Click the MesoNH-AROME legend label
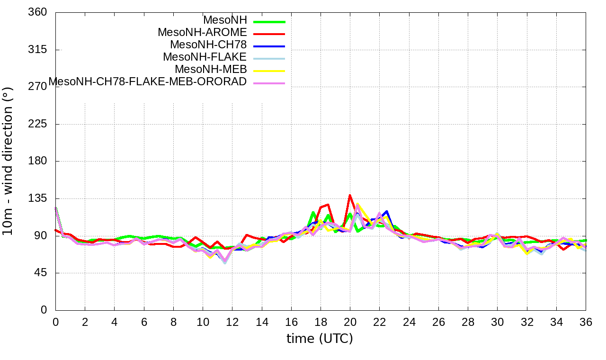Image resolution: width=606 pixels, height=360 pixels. [202, 33]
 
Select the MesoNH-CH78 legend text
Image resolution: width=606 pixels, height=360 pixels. [208, 45]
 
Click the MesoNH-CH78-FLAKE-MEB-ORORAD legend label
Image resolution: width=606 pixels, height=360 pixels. [148, 82]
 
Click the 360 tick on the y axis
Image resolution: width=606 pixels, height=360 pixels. [38, 12]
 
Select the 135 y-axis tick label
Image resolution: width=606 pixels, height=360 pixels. [38, 198]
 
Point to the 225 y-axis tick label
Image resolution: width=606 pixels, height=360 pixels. [38, 124]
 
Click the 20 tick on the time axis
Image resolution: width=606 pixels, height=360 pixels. [350, 322]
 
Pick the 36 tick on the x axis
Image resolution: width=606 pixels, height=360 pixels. [586, 322]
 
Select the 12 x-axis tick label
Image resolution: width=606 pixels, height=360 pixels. [232, 322]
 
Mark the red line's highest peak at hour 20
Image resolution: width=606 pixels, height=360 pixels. [350, 195]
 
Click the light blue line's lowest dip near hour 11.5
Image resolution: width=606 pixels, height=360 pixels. [225, 262]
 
